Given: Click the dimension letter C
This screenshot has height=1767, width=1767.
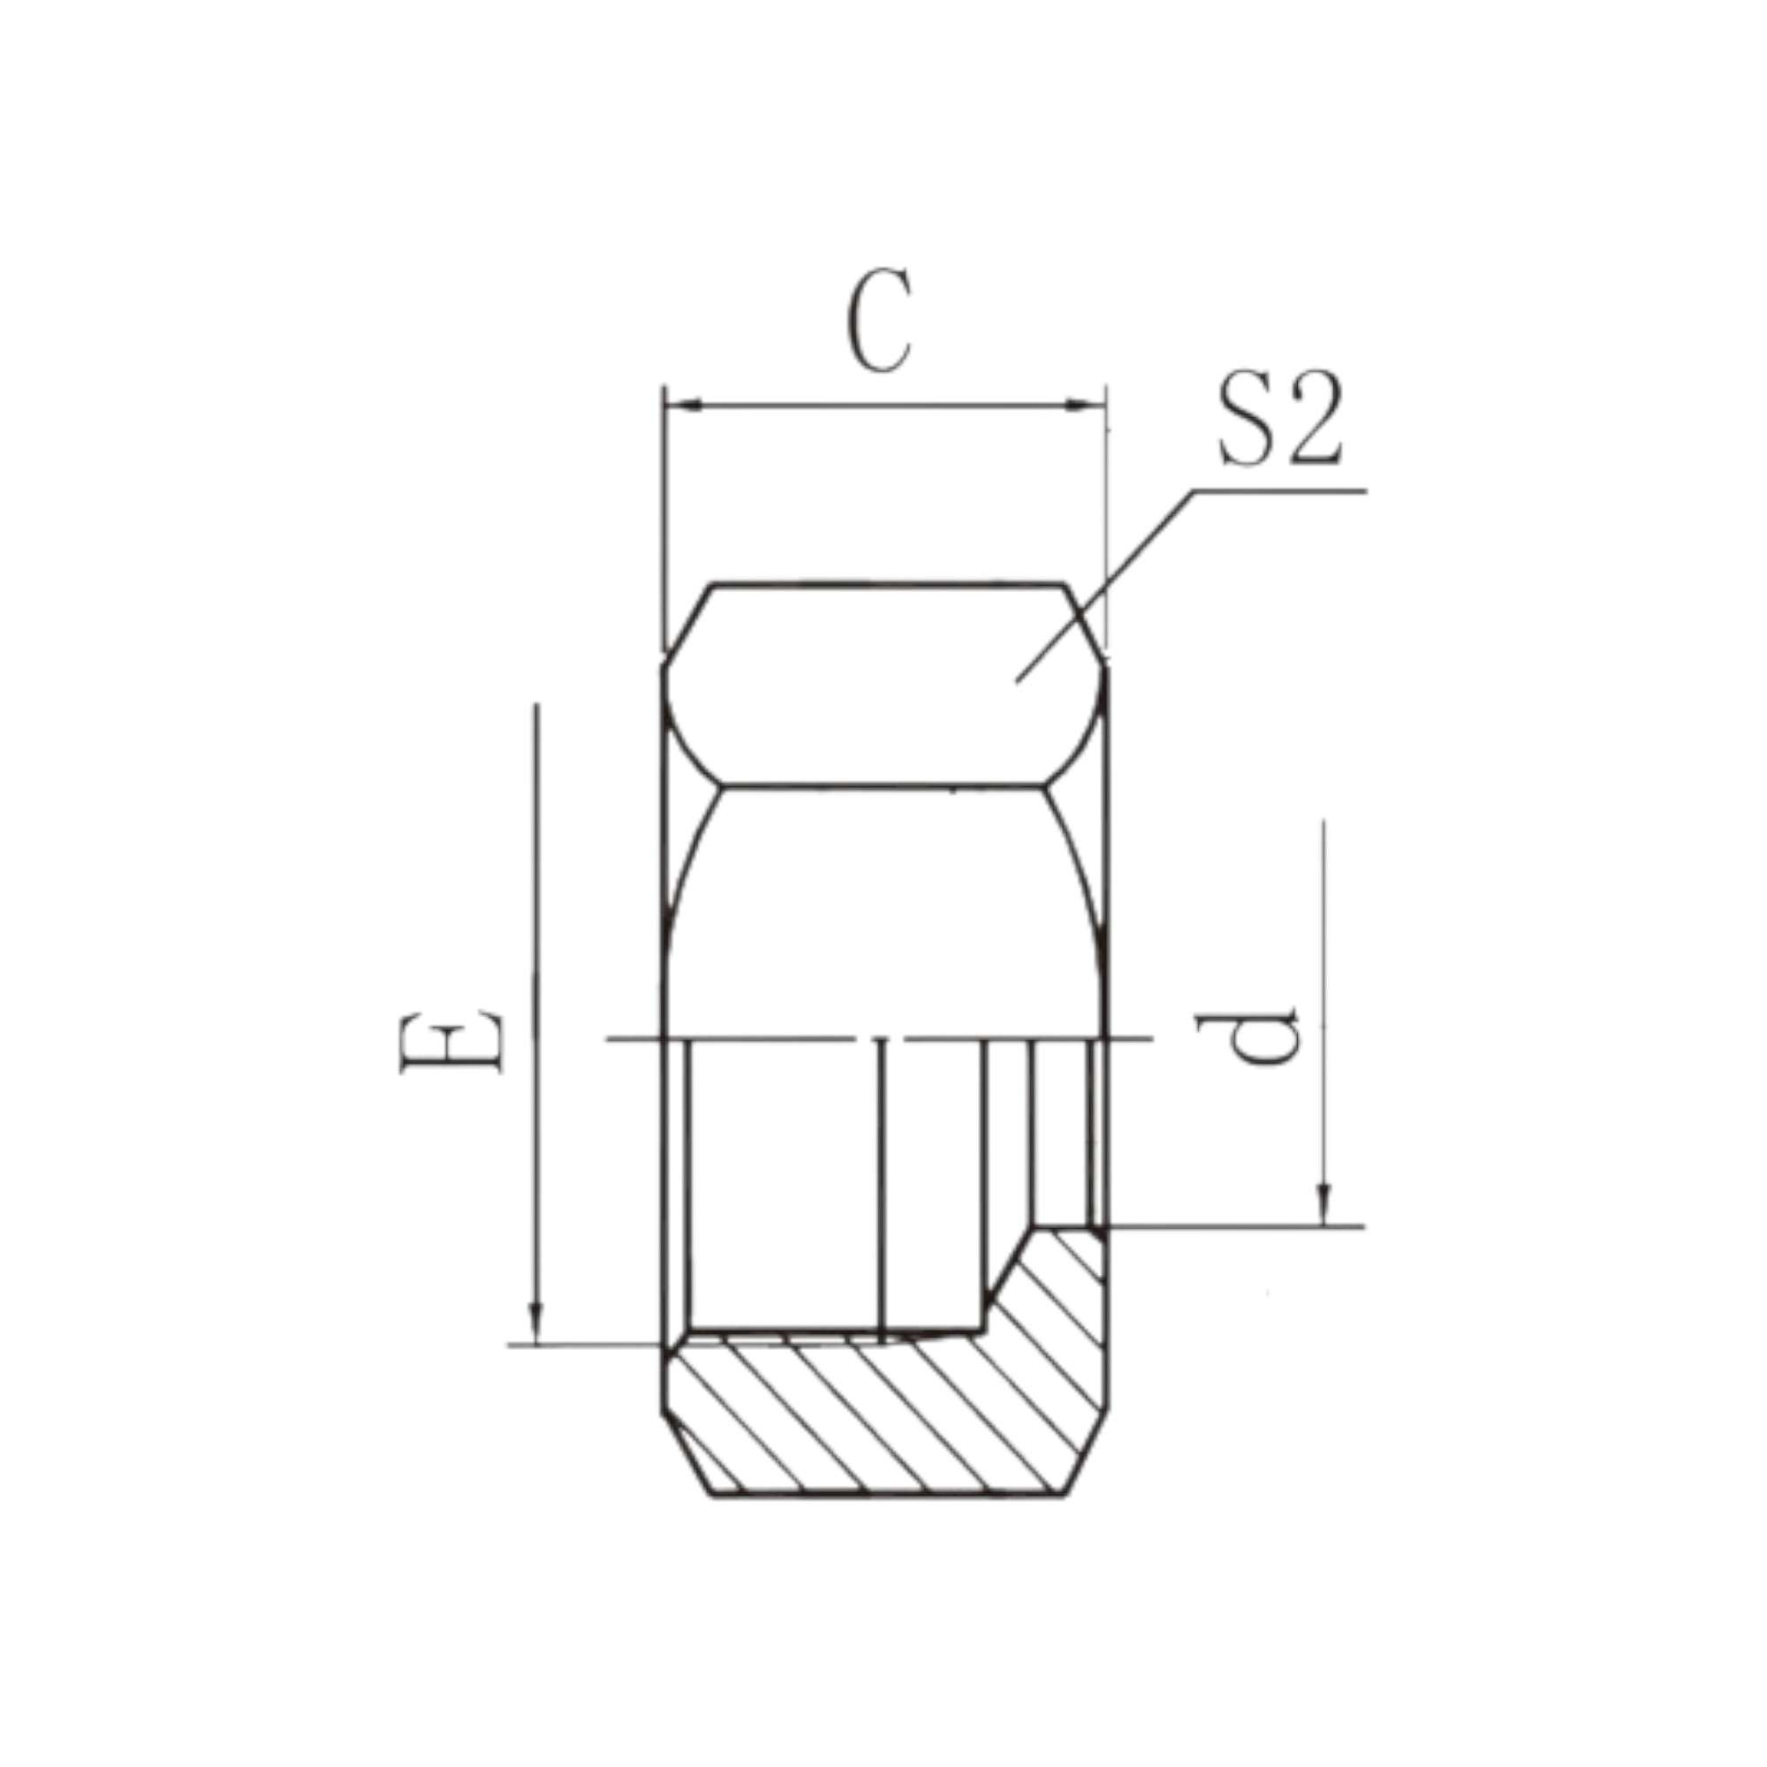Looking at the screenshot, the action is [x=880, y=320].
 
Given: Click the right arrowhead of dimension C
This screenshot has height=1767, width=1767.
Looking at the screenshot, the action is [x=1088, y=406].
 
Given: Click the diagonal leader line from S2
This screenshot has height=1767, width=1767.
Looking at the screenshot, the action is [x=1105, y=587].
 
